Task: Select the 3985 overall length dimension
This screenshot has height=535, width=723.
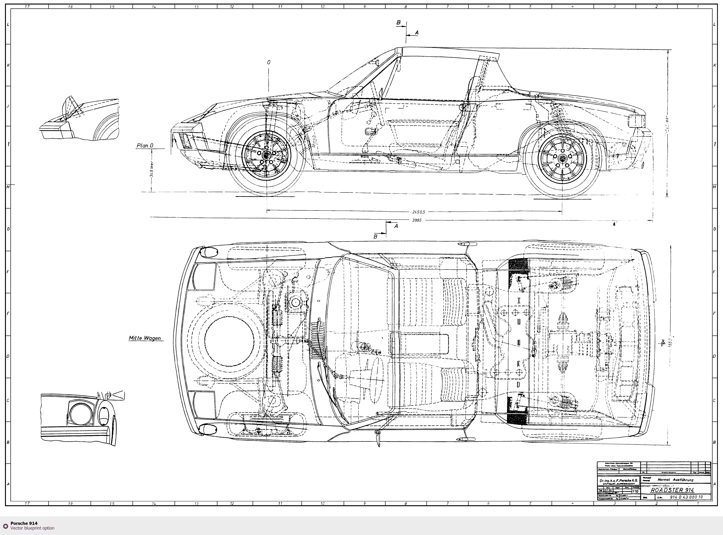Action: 417,220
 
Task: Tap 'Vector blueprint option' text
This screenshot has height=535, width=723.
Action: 32,528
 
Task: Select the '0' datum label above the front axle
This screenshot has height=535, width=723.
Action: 269,62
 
